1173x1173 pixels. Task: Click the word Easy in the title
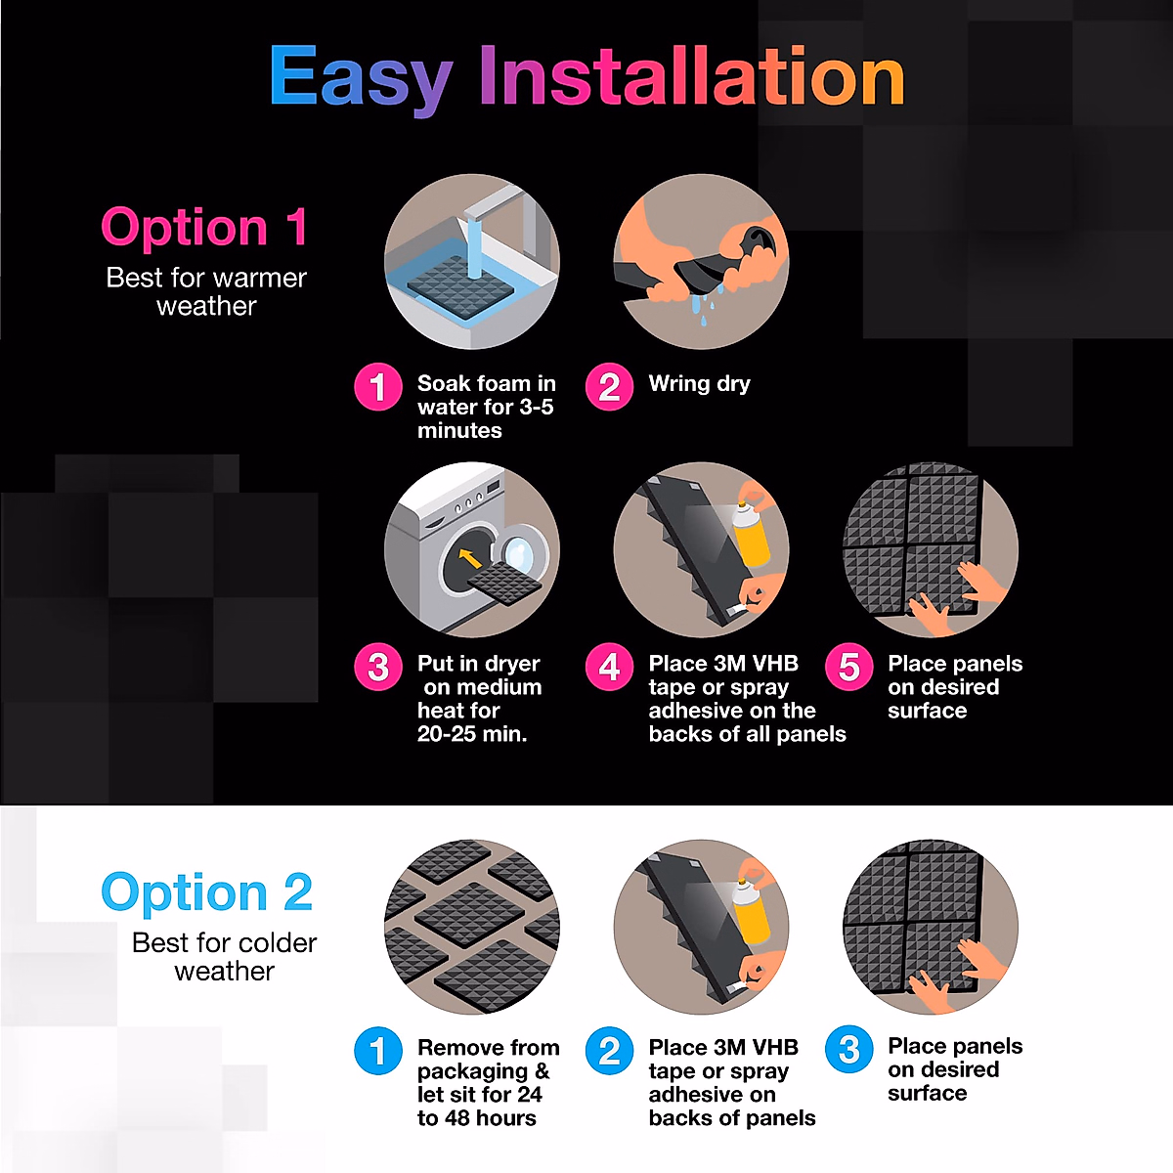point(360,78)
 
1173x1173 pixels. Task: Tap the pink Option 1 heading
point(204,227)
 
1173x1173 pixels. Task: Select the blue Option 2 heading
point(206,892)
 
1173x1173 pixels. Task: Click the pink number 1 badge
point(377,387)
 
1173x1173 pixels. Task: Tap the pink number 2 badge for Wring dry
point(609,387)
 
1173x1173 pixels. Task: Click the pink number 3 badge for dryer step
point(377,667)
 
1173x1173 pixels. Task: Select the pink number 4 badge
point(609,667)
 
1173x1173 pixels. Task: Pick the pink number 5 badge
point(848,667)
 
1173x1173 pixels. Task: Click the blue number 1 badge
point(377,1051)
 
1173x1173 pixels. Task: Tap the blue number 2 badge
point(609,1051)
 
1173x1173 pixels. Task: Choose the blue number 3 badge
point(848,1050)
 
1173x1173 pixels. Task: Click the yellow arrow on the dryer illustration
point(470,558)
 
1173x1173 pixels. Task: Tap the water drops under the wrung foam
point(704,306)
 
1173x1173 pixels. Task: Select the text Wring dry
point(699,383)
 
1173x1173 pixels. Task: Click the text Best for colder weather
point(224,957)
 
